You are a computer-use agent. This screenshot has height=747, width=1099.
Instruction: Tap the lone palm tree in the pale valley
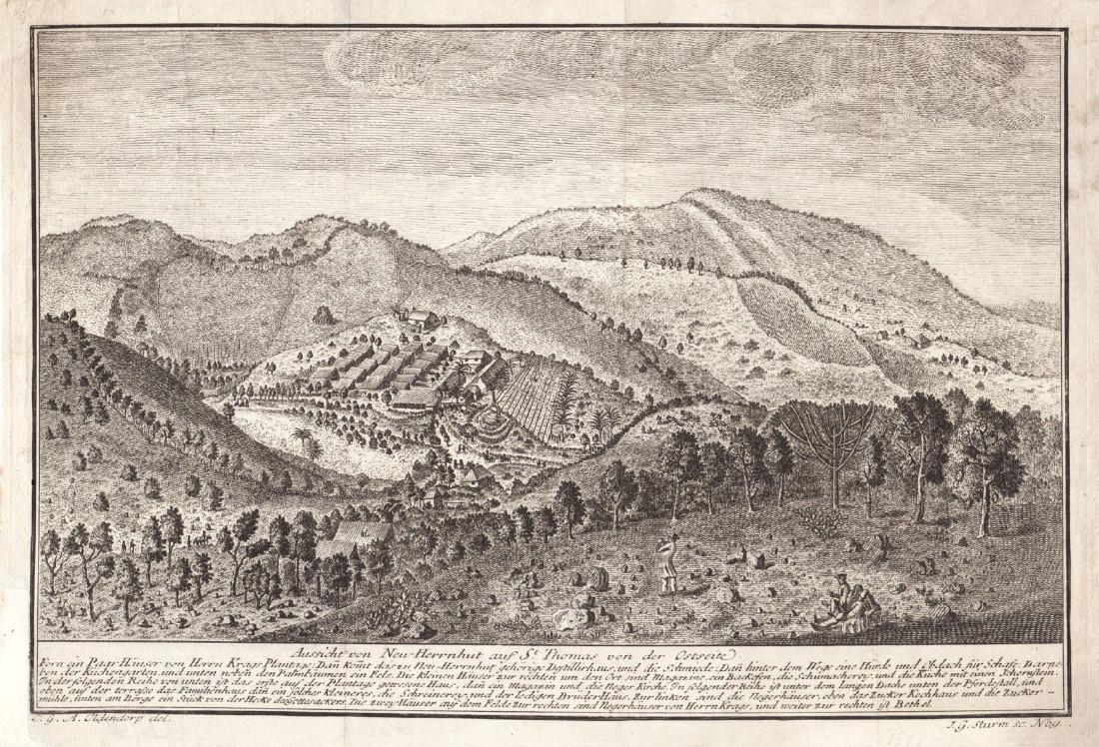tap(302, 439)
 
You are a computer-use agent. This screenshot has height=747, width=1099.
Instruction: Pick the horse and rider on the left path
tap(197, 540)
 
